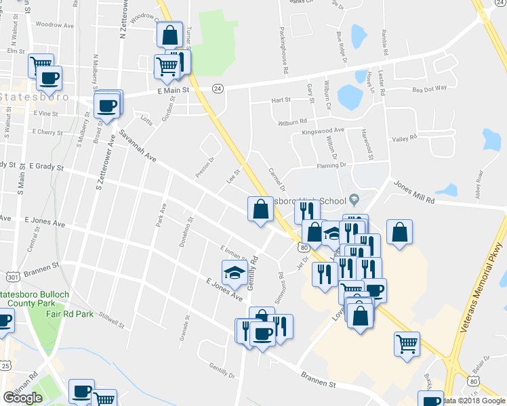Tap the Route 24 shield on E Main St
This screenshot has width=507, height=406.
[x=218, y=89]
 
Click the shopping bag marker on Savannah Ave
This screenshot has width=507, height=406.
[x=260, y=209]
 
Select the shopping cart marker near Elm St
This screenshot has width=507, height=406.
[x=41, y=66]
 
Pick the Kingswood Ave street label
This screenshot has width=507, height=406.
[x=323, y=130]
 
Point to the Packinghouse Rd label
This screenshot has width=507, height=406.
[x=285, y=51]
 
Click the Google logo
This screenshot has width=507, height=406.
[x=22, y=398]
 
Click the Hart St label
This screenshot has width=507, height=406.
[x=281, y=99]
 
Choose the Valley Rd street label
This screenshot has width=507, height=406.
[x=404, y=139]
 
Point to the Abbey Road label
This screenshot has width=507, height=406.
[x=479, y=181]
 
